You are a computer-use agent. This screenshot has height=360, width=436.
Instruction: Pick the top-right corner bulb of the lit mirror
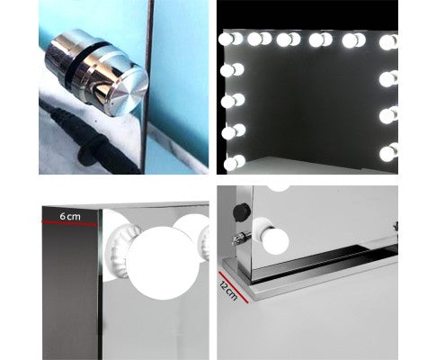pyautogui.click(x=388, y=41)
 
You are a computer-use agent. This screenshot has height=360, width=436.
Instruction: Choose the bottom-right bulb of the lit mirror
pyautogui.click(x=387, y=153)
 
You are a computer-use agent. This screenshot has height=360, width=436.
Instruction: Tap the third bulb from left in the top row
pyautogui.click(x=288, y=40)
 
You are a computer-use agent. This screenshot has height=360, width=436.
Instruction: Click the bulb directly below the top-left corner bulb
pyautogui.click(x=230, y=69)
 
